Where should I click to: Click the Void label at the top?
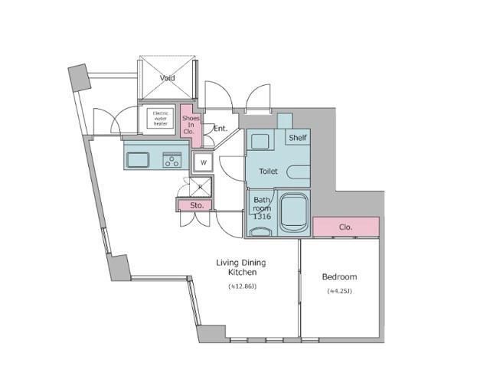click(x=167, y=78)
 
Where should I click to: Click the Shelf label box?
click(x=298, y=138)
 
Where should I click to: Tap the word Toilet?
click(x=268, y=172)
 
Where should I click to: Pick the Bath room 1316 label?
click(x=262, y=208)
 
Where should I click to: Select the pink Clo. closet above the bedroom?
click(x=345, y=227)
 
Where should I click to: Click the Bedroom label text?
click(x=339, y=277)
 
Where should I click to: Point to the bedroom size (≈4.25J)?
click(x=339, y=291)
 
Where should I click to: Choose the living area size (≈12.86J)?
click(x=241, y=286)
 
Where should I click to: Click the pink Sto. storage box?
click(x=196, y=205)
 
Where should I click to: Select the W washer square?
click(x=203, y=162)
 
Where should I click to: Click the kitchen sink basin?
click(x=138, y=160)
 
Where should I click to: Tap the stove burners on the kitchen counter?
click(x=171, y=160)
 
